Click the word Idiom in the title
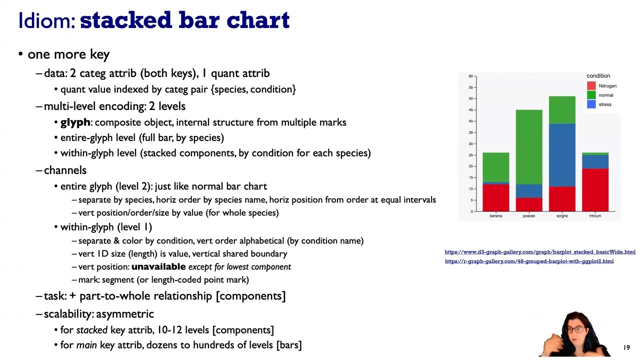click(46, 20)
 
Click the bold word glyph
click(75, 122)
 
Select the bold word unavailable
click(158, 267)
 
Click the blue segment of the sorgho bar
click(562, 155)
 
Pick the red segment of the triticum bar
click(595, 190)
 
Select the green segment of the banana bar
click(495, 167)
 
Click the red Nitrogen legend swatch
click(591, 86)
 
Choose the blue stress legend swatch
click(591, 104)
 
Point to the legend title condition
click(598, 76)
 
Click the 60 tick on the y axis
click(470, 76)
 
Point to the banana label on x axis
click(495, 216)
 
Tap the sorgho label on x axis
click(562, 216)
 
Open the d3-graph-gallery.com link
click(539, 252)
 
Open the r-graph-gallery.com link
click(529, 261)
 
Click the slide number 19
click(626, 347)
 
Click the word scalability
click(68, 314)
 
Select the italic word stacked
click(91, 330)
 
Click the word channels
click(65, 170)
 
